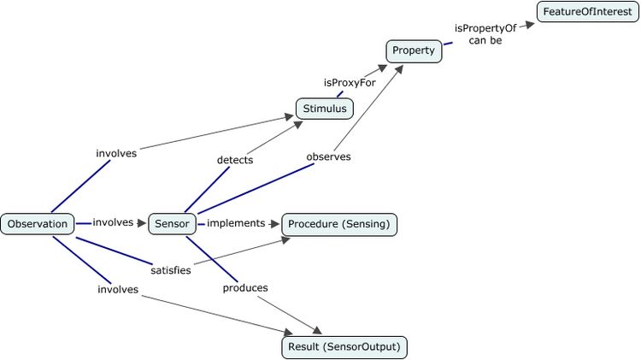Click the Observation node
pyautogui.click(x=38, y=224)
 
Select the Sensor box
pyautogui.click(x=173, y=224)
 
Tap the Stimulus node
pyautogui.click(x=325, y=109)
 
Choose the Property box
pyautogui.click(x=414, y=51)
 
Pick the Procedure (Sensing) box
pyautogui.click(x=338, y=224)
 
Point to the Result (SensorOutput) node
pyautogui.click(x=344, y=347)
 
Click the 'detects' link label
pyautogui.click(x=234, y=159)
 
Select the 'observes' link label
pyautogui.click(x=329, y=156)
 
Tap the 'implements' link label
pyautogui.click(x=237, y=223)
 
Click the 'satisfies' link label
pyautogui.click(x=171, y=270)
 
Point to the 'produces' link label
pyautogui.click(x=245, y=288)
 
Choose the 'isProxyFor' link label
pyautogui.click(x=349, y=83)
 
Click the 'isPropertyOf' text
pyautogui.click(x=485, y=28)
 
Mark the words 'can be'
pyautogui.click(x=485, y=39)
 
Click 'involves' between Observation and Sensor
pyautogui.click(x=113, y=222)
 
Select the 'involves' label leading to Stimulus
pyautogui.click(x=116, y=154)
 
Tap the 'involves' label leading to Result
pyautogui.click(x=118, y=290)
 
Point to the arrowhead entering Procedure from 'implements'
pyautogui.click(x=275, y=224)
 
